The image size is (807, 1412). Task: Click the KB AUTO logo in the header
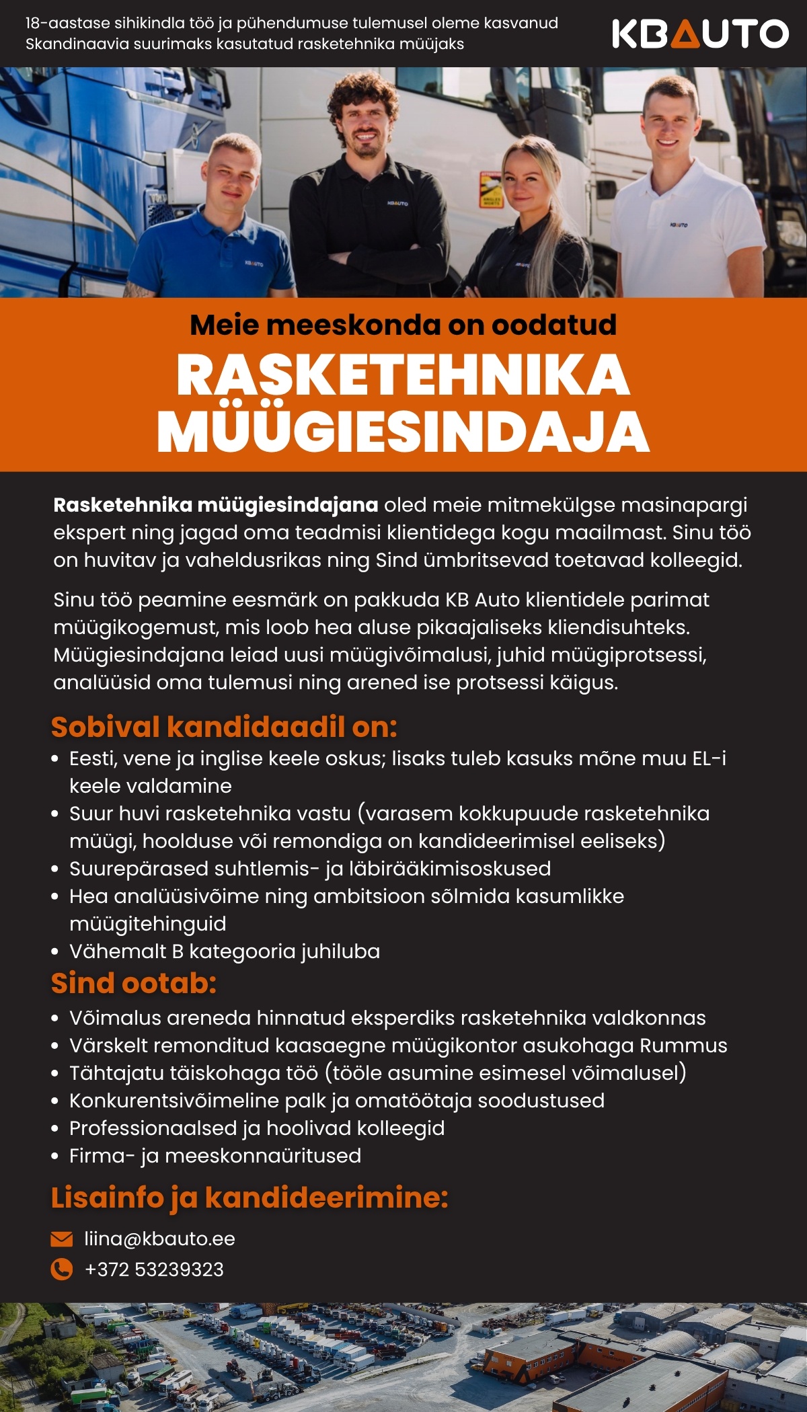[x=699, y=34]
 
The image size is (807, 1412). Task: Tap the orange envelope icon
[x=62, y=1239]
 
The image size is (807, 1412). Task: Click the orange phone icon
[x=62, y=1269]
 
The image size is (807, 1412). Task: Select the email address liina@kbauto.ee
[x=159, y=1239]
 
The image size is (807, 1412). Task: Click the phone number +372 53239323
[x=154, y=1269]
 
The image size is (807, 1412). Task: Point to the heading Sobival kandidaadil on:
[x=224, y=727]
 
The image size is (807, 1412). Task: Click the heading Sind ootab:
[x=134, y=983]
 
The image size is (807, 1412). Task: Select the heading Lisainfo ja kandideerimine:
[x=249, y=1198]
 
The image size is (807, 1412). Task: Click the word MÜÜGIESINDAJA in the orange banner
[x=403, y=432]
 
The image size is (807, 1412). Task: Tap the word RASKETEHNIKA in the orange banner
[x=403, y=375]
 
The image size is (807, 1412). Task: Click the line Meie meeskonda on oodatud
[x=403, y=325]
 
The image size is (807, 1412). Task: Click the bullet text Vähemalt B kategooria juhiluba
[x=225, y=951]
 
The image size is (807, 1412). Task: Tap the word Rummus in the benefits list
[x=683, y=1046]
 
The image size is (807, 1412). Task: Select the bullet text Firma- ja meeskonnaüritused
[x=215, y=1156]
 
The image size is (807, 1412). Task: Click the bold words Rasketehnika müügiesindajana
[x=216, y=505]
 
